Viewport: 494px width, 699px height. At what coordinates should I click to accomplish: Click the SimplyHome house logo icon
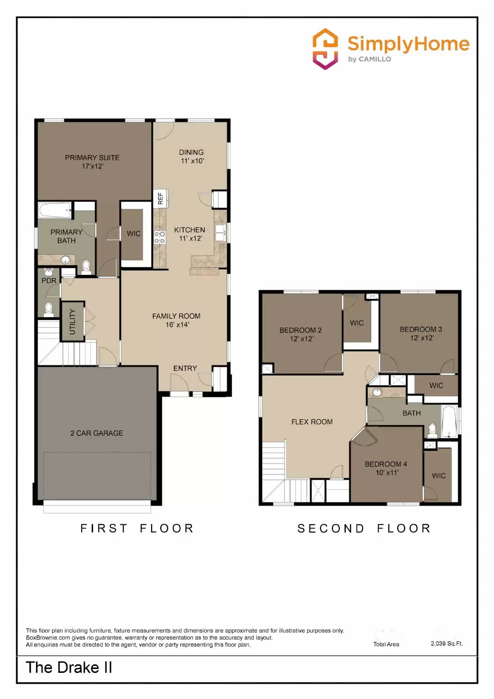point(325,49)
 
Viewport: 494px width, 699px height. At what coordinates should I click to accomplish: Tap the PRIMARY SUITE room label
point(92,162)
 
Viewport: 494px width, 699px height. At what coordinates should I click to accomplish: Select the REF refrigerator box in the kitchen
point(160,198)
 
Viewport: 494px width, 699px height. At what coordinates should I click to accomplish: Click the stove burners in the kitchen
point(159,238)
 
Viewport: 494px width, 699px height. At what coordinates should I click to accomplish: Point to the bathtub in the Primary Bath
point(55,210)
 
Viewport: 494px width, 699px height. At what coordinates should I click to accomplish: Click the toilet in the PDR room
point(49,309)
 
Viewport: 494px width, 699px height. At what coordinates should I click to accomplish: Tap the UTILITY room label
point(73,322)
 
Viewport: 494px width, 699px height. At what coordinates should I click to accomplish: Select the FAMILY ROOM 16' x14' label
point(176,320)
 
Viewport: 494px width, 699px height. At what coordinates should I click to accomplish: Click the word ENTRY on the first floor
point(185,368)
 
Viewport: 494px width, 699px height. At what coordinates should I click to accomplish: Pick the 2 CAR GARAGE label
point(97,433)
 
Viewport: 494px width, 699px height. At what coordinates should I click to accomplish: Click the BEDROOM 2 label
point(301,334)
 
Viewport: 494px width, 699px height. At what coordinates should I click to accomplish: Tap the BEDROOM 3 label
point(421,333)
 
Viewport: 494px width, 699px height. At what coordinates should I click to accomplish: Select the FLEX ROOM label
point(312,422)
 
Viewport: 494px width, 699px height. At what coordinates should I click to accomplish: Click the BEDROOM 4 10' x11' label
point(386,468)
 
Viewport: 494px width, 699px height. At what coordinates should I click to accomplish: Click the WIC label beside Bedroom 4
point(439,476)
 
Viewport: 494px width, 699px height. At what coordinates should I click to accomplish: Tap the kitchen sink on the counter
point(220,232)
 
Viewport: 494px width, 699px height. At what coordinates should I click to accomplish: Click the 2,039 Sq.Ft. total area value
point(446,644)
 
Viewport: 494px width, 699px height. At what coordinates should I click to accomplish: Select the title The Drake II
point(69,668)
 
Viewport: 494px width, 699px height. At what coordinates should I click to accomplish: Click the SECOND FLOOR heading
point(364,528)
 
